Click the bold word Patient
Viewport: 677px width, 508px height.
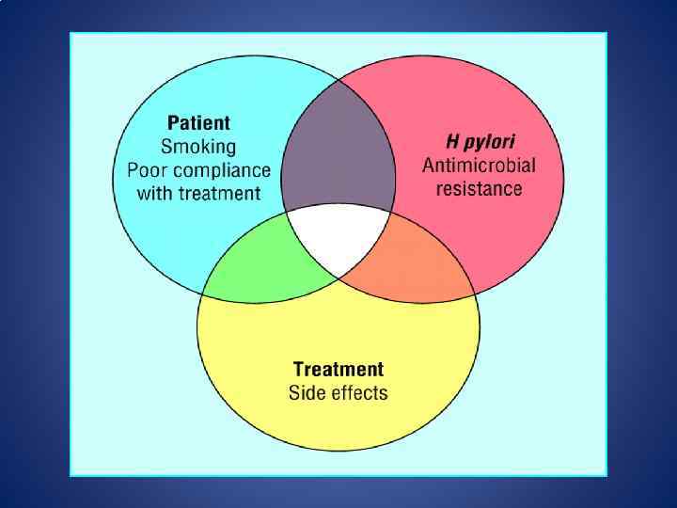click(198, 123)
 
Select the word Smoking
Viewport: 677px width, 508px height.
click(198, 147)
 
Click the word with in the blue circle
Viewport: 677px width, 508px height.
click(155, 194)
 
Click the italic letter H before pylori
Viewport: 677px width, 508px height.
click(451, 140)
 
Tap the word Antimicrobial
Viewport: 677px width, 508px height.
click(479, 165)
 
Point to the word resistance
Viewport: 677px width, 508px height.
click(479, 188)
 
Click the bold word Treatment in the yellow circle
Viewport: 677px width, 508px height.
click(338, 369)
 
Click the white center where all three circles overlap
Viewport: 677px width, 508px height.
click(338, 240)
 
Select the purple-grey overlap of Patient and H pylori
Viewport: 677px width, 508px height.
click(338, 151)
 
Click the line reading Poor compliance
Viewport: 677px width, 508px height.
click(198, 171)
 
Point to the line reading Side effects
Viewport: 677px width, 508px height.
click(338, 392)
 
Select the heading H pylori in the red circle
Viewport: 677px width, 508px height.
click(480, 141)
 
